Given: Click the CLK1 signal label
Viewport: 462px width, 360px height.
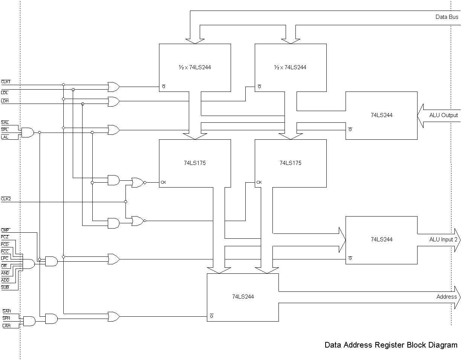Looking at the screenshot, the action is point(6,82).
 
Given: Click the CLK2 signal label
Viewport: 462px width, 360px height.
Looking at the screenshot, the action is point(6,199).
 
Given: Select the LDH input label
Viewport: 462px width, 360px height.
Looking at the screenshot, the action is point(5,101).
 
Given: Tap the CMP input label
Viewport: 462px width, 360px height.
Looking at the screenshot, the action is point(5,230).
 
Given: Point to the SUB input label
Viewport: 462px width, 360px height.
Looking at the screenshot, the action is point(5,287).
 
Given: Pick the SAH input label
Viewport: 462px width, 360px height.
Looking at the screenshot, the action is point(6,311).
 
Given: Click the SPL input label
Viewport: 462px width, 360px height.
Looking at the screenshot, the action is point(5,130).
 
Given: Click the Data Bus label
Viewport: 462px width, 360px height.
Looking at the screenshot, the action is point(447,17).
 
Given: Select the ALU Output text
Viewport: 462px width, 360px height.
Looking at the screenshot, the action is point(443,115).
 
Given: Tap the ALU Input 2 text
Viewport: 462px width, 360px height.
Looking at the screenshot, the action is point(443,239).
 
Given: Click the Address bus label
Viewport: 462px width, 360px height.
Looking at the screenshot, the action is point(447,296).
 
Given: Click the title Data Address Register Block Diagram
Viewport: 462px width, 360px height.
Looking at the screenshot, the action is point(391,345).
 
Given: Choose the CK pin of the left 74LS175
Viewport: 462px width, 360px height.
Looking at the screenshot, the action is point(163,182).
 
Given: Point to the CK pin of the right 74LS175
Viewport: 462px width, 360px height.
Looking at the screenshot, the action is point(259,182).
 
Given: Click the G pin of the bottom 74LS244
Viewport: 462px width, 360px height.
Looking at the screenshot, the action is point(211,316).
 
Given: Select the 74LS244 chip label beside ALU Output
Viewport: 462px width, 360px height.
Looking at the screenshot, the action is point(382,115).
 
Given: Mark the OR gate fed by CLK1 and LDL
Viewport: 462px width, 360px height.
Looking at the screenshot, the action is point(114,87).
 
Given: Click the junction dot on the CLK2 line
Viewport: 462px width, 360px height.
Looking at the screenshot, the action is point(125,201).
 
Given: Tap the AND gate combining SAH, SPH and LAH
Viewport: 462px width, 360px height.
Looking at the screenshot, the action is point(29,321).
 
